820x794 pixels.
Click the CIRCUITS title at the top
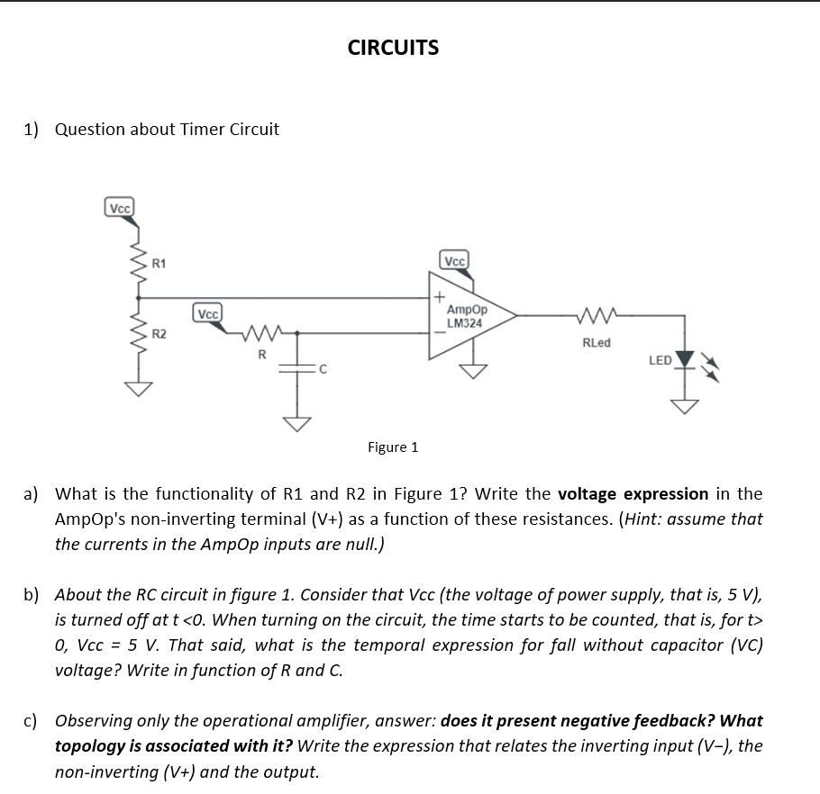[x=393, y=48]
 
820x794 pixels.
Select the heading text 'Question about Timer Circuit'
[x=167, y=129]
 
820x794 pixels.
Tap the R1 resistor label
[x=159, y=264]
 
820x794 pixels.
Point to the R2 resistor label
[x=159, y=335]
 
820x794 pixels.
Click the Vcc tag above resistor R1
[x=120, y=208]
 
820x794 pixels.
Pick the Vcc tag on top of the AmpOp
[x=454, y=261]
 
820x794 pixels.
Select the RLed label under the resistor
[x=596, y=342]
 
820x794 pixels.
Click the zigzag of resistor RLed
[x=597, y=315]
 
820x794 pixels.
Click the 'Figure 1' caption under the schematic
[x=393, y=447]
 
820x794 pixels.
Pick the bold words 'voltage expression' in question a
[x=633, y=493]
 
